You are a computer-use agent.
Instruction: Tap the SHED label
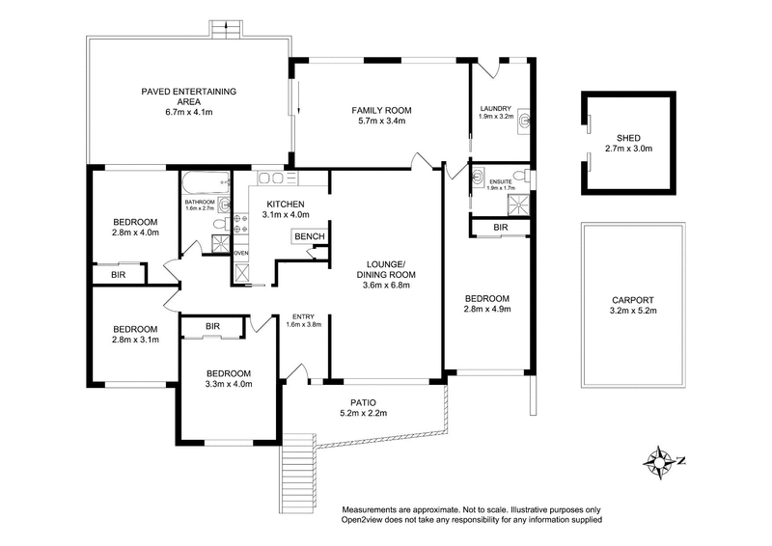(x=627, y=137)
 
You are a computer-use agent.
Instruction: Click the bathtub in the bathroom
(x=204, y=181)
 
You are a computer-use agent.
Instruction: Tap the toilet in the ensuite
(x=518, y=176)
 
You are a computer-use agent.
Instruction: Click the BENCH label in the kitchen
(x=309, y=236)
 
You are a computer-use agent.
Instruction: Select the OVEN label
(x=241, y=254)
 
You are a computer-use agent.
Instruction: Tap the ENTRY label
(x=302, y=315)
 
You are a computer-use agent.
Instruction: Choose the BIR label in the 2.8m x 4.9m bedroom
(x=500, y=228)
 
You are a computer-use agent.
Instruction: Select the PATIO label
(x=363, y=401)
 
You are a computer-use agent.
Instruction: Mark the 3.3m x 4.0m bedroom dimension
(x=227, y=385)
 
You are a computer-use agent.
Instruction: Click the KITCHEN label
(x=286, y=205)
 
